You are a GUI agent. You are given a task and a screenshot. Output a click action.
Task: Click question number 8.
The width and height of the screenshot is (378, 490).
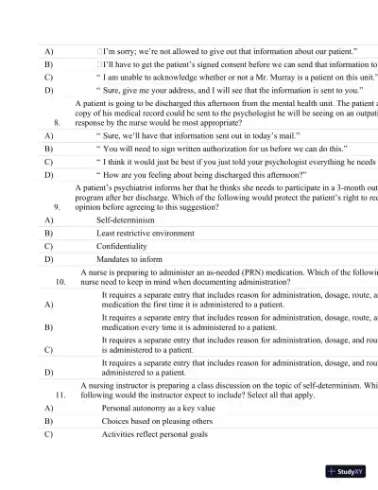pos(58,122)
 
